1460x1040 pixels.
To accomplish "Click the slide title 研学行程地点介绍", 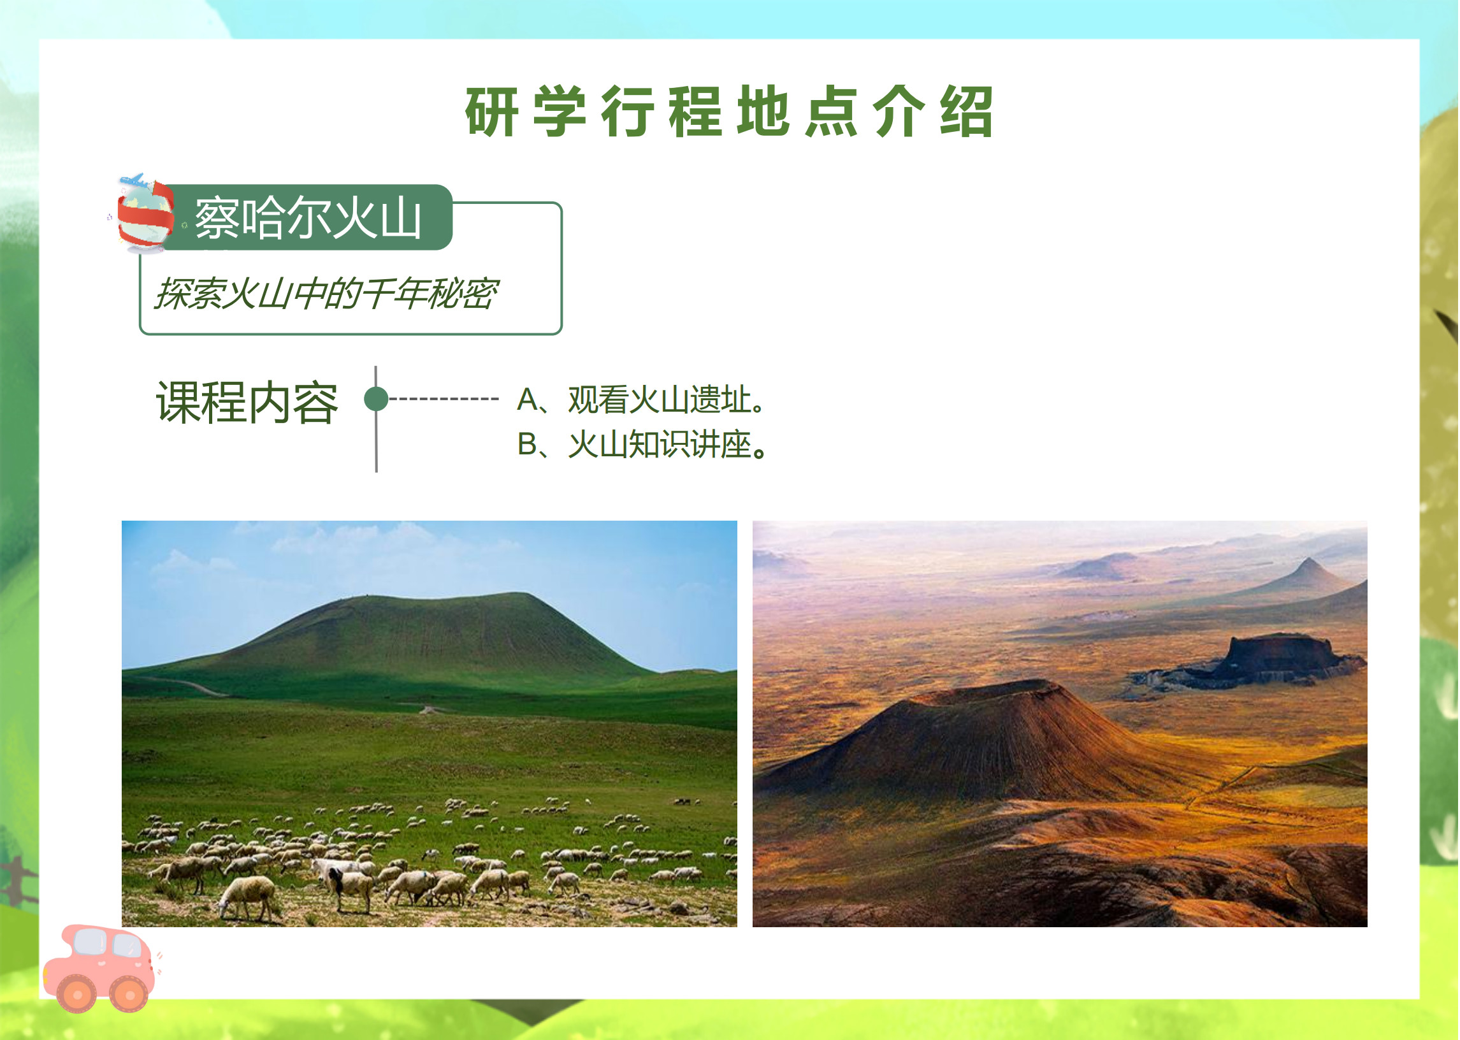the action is click(x=729, y=112).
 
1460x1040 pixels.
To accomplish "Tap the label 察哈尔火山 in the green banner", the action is click(x=308, y=219).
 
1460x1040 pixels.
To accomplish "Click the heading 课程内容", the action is click(x=247, y=402).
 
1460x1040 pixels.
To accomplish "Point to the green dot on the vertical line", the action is click(x=377, y=399).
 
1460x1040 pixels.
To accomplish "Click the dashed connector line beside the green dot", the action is click(x=444, y=399).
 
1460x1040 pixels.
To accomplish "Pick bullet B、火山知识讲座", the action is click(x=642, y=444).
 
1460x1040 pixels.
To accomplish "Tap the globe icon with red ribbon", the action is click(x=145, y=215).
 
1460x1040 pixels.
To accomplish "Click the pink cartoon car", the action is click(x=100, y=968).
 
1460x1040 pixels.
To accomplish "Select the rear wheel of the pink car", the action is click(x=77, y=995).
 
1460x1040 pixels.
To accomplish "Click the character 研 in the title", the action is click(x=492, y=112).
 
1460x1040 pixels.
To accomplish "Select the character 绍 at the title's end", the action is click(x=967, y=112).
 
